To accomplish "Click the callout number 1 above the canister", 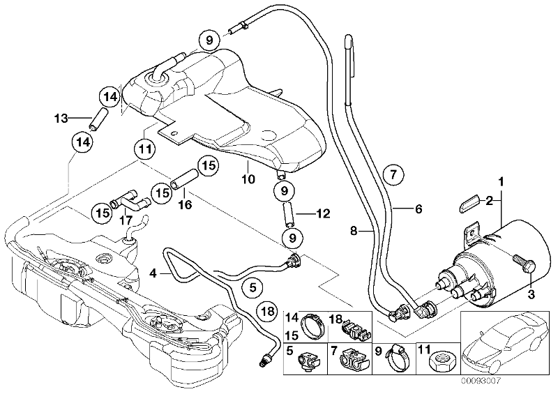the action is click(501, 183).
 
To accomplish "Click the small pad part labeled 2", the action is click(468, 203).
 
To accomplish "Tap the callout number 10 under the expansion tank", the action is click(249, 179).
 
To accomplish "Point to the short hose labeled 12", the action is click(288, 214).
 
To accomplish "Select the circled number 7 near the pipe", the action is click(393, 174).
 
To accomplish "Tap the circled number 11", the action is click(145, 149).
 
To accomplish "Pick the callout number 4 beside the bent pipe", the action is click(153, 273).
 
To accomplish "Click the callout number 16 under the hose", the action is click(186, 204).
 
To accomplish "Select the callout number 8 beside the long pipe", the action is click(354, 231).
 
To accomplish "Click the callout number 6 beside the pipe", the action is click(418, 209).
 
